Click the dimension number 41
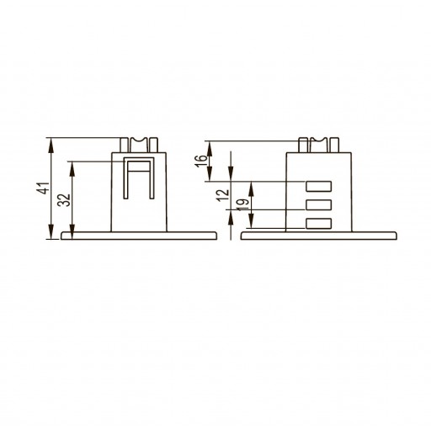point(44,188)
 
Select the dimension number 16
point(202,162)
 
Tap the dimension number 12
point(223,195)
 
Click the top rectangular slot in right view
point(319,187)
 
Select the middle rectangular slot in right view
point(319,205)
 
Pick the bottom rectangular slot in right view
point(319,224)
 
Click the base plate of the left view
point(139,236)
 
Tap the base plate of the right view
point(319,236)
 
